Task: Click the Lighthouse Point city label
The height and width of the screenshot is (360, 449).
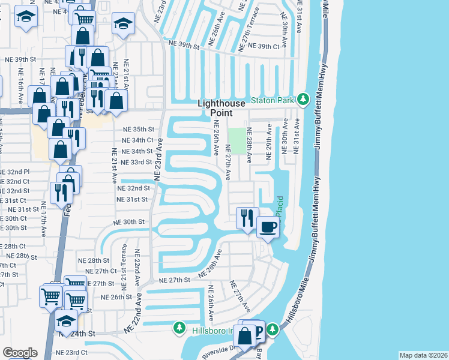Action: (x=222, y=108)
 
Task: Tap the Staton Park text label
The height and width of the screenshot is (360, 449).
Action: (x=273, y=100)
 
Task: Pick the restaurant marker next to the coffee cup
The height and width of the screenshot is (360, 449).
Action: (x=247, y=218)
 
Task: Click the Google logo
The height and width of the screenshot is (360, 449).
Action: (x=20, y=353)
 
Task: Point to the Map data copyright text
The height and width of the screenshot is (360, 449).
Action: (x=423, y=355)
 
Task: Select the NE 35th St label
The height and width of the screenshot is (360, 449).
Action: (x=139, y=130)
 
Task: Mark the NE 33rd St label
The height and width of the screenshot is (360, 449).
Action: (x=136, y=163)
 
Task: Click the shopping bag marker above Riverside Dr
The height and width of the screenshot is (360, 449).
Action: (x=246, y=337)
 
